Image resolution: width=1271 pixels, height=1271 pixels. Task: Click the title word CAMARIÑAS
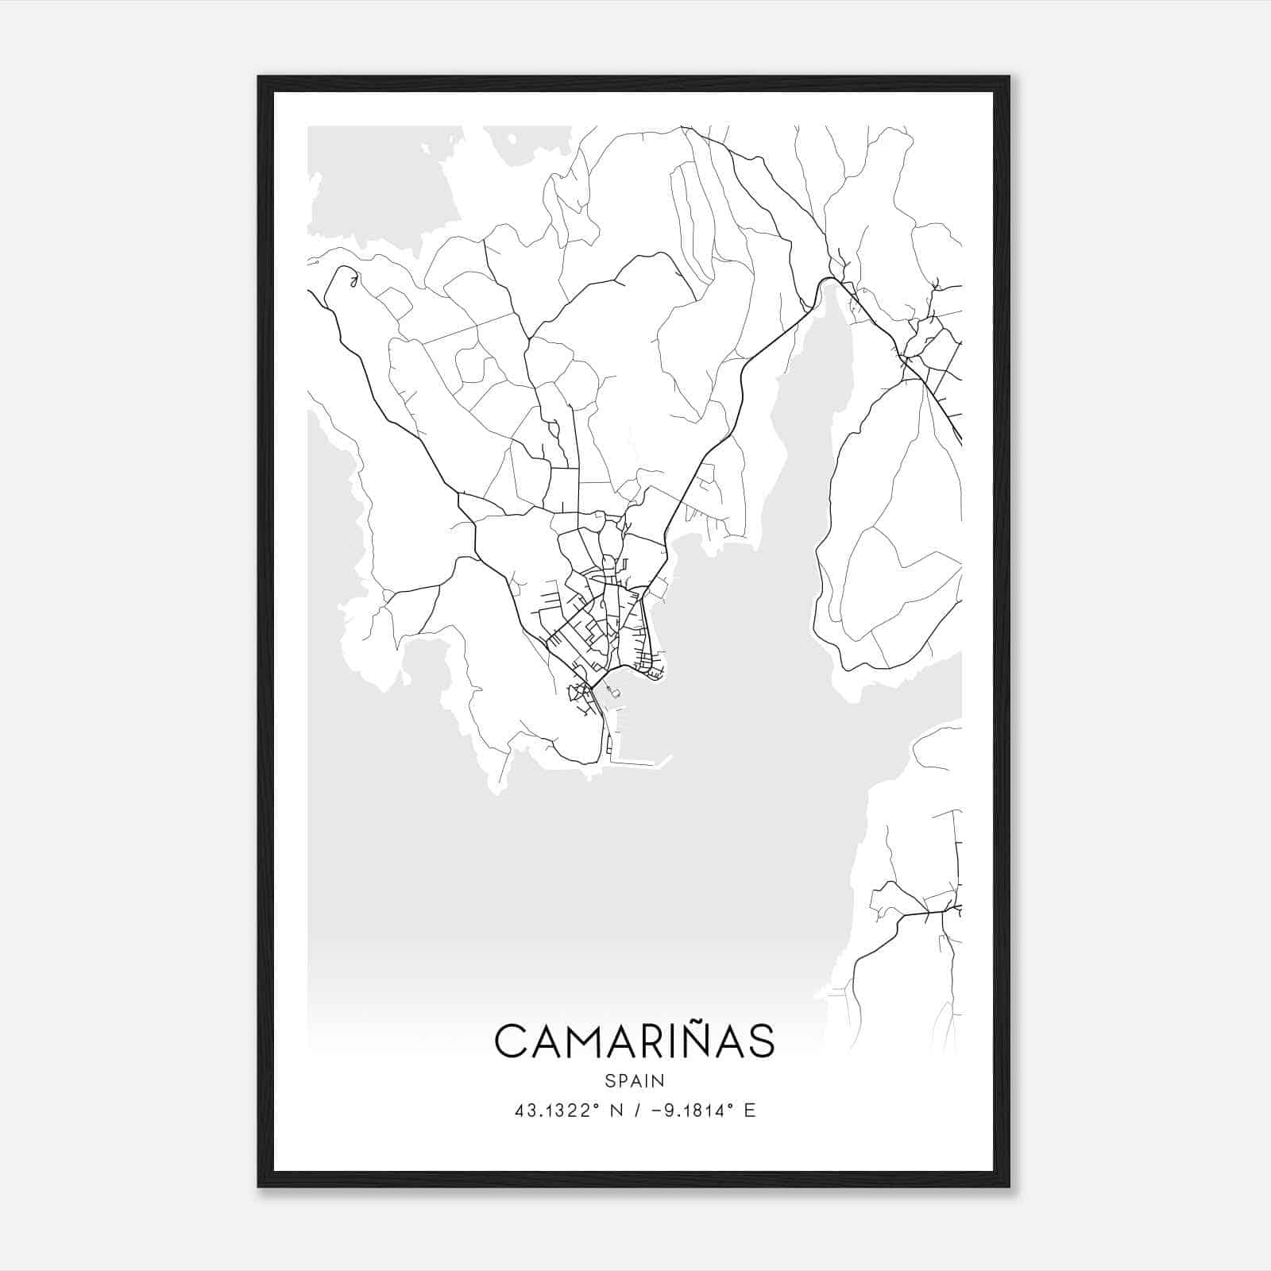pos(634,1041)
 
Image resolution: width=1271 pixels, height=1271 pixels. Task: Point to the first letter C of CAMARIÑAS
pos(509,1041)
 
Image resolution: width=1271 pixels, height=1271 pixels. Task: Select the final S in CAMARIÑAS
pos(762,1041)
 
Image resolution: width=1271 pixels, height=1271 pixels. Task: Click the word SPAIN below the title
pos(634,1080)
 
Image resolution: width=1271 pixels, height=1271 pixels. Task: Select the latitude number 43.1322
pos(551,1111)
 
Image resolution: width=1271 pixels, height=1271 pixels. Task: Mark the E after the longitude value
pos(750,1111)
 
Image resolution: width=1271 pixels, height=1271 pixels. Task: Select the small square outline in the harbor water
pos(614,693)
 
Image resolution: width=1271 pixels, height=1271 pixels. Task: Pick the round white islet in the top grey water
pos(512,140)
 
